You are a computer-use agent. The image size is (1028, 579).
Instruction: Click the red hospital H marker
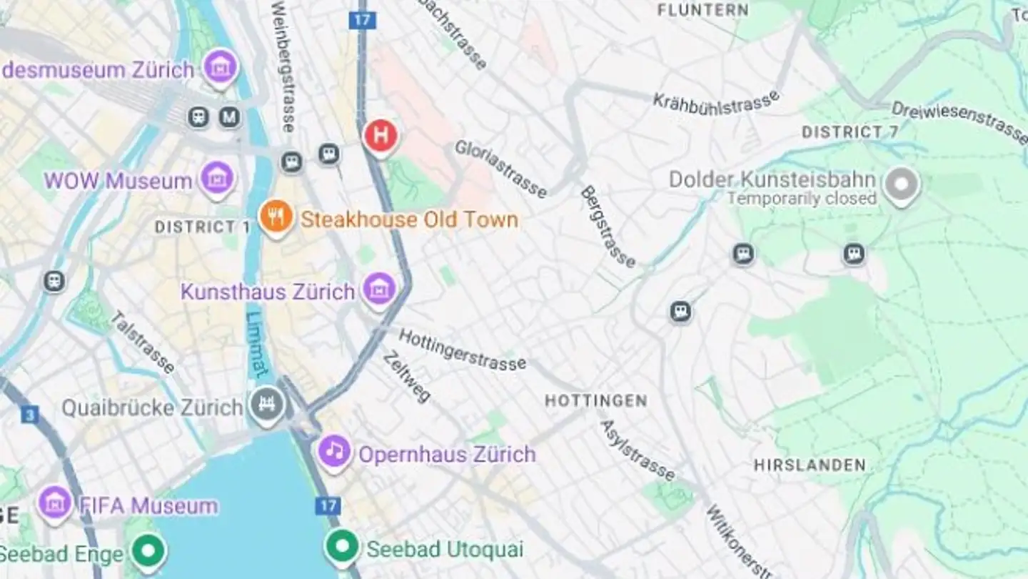(x=380, y=134)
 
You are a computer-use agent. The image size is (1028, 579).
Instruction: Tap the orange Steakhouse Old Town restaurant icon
(x=276, y=216)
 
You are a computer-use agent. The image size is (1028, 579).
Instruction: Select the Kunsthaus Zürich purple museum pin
(x=378, y=289)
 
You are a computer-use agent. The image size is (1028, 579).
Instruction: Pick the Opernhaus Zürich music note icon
(x=334, y=451)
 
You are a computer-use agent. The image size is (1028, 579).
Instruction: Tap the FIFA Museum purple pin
(x=55, y=503)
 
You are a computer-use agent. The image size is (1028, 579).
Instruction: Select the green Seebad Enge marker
(x=149, y=552)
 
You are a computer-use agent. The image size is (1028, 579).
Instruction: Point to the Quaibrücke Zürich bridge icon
(x=267, y=405)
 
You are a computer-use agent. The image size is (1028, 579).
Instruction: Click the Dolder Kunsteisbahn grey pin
(x=901, y=184)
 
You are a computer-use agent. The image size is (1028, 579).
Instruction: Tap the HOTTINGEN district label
(x=595, y=400)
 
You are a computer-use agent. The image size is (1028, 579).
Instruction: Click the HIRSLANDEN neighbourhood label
(x=810, y=465)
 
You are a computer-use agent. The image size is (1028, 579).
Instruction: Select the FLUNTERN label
(x=702, y=9)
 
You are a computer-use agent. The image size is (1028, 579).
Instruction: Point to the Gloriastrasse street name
(x=501, y=169)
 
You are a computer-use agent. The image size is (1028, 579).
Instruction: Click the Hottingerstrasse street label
(x=462, y=350)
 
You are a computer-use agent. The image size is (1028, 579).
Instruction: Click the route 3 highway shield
(x=29, y=415)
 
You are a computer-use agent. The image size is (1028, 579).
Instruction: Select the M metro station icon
(x=229, y=117)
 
